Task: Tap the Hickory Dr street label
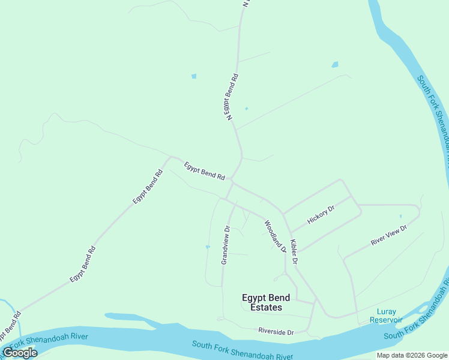tap(321, 214)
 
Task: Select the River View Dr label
tap(389, 234)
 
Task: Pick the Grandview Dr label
tap(226, 245)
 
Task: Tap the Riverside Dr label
tap(276, 331)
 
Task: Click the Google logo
tap(20, 353)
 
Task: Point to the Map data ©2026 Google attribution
tap(412, 355)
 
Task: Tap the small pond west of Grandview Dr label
tap(208, 247)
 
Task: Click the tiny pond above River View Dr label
tap(400, 216)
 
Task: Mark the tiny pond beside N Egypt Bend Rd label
tap(246, 109)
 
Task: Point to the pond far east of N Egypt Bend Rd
tap(335, 65)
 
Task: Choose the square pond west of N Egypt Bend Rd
tap(193, 76)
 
